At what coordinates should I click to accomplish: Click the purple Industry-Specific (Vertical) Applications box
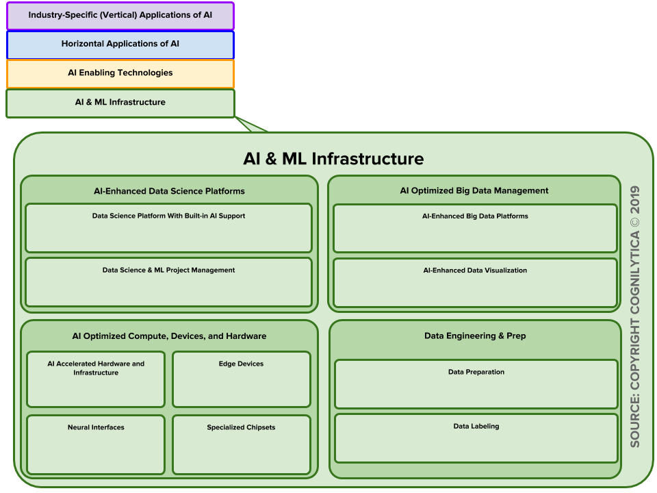pyautogui.click(x=120, y=16)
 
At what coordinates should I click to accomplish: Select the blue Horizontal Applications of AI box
pyautogui.click(x=120, y=45)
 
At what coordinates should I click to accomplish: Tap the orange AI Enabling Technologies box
pyautogui.click(x=120, y=74)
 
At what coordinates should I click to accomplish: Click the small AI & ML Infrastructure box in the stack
pyautogui.click(x=120, y=103)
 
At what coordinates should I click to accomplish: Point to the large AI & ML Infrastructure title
pyautogui.click(x=333, y=159)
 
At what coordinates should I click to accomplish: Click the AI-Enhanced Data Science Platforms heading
pyautogui.click(x=169, y=191)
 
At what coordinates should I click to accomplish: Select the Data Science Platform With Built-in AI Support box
pyautogui.click(x=169, y=228)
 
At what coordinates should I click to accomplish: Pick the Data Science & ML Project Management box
pyautogui.click(x=169, y=282)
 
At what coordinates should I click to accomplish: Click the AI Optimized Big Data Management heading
pyautogui.click(x=474, y=191)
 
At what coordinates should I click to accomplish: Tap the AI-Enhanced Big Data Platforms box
pyautogui.click(x=475, y=229)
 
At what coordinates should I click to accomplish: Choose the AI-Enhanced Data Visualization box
pyautogui.click(x=475, y=283)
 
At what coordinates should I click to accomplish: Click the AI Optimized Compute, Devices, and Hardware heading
pyautogui.click(x=169, y=336)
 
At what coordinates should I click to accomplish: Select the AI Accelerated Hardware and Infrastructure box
pyautogui.click(x=96, y=379)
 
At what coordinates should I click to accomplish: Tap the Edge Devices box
pyautogui.click(x=242, y=379)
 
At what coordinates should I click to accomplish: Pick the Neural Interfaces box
pyautogui.click(x=96, y=445)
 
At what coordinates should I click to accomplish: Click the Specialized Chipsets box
pyautogui.click(x=242, y=445)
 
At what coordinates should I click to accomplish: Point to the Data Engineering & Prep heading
pyautogui.click(x=475, y=336)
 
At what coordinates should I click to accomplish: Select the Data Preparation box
pyautogui.click(x=476, y=384)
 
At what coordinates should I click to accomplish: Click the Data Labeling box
pyautogui.click(x=476, y=438)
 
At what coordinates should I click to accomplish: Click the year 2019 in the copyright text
pyautogui.click(x=635, y=200)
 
